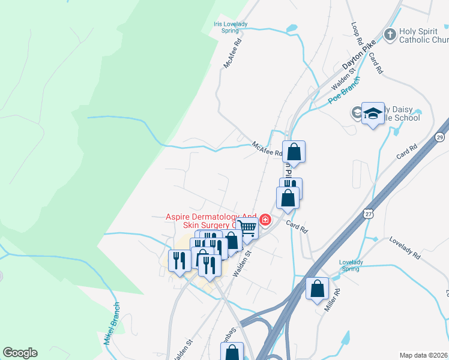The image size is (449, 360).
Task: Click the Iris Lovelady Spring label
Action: coord(231,27)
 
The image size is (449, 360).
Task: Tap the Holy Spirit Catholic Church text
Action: coord(424,36)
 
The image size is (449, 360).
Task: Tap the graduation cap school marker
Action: coord(373,113)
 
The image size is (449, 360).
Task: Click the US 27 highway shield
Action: coord(367,213)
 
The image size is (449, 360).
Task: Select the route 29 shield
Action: coord(441,138)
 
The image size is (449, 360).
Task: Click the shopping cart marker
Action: coord(247,227)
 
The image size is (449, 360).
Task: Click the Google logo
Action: coord(20,353)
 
